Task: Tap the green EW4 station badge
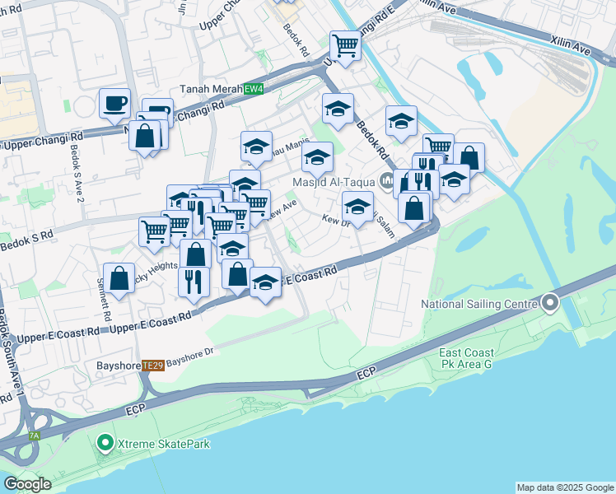(x=253, y=89)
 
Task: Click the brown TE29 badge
(x=152, y=366)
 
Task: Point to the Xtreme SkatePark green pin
(x=105, y=444)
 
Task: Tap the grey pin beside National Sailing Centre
(x=549, y=304)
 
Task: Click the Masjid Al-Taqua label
(x=334, y=181)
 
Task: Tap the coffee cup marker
(x=114, y=104)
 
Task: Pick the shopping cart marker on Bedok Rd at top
(x=345, y=46)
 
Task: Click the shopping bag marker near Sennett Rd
(x=119, y=278)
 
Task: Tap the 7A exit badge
(x=34, y=436)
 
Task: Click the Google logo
(x=26, y=483)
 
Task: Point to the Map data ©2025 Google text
(x=564, y=487)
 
